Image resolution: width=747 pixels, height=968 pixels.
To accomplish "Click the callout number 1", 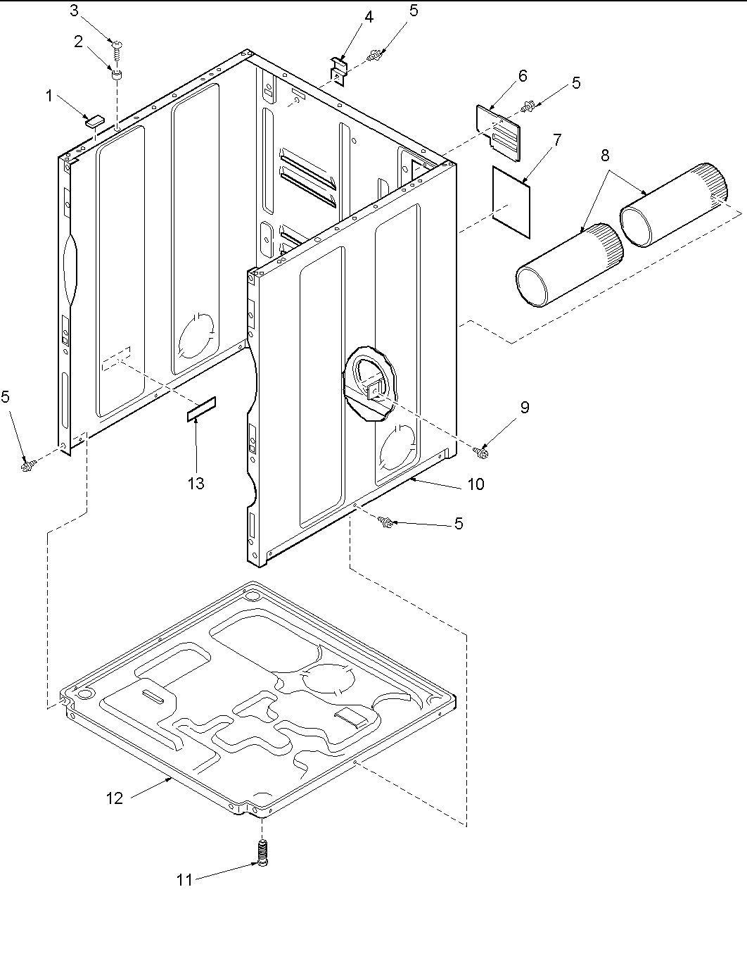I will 49,96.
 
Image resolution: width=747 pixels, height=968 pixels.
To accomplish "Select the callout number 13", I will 196,483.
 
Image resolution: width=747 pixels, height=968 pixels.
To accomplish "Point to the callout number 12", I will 114,798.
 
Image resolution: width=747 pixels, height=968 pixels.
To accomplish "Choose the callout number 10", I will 476,484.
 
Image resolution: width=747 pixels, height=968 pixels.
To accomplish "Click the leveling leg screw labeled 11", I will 262,854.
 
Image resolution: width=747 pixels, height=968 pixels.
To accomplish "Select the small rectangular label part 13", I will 202,409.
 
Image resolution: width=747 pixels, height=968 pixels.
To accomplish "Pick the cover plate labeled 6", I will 499,127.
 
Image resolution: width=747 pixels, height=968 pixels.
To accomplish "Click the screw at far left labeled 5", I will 27,464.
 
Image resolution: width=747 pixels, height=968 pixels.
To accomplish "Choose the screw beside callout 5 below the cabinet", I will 385,522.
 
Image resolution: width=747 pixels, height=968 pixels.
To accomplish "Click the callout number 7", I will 557,139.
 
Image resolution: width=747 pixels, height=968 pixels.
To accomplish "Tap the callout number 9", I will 525,407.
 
